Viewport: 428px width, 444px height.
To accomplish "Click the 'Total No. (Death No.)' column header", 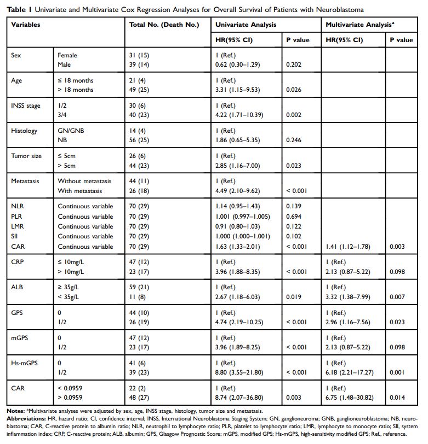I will click(164, 25).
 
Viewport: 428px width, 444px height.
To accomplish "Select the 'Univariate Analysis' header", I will click(246, 25).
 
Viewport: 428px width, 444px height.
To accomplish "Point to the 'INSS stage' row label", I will click(26, 106).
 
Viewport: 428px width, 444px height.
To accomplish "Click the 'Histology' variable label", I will click(25, 131).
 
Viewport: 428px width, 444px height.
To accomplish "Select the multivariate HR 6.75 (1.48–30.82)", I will click(351, 398).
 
